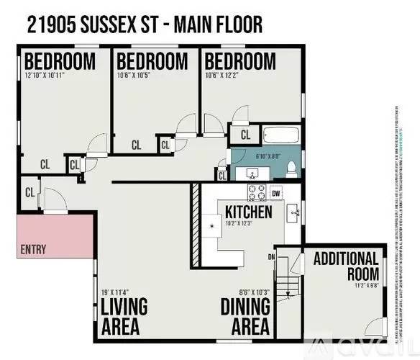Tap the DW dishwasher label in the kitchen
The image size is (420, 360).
pyautogui.click(x=276, y=193)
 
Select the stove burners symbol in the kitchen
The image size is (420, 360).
pyautogui.click(x=257, y=193)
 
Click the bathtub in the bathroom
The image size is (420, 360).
pyautogui.click(x=280, y=135)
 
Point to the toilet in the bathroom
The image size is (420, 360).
pyautogui.click(x=291, y=168)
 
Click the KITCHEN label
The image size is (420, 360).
pyautogui.click(x=248, y=212)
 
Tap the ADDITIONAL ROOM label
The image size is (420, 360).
pyautogui.click(x=346, y=265)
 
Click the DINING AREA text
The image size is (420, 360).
pyautogui.click(x=245, y=316)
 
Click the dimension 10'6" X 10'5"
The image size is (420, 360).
pyautogui.click(x=139, y=76)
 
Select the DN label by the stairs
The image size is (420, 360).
pyautogui.click(x=272, y=257)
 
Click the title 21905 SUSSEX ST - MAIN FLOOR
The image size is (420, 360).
pyautogui.click(x=144, y=25)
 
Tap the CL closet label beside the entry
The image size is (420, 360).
pyautogui.click(x=30, y=192)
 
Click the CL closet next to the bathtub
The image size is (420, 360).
pyautogui.click(x=245, y=134)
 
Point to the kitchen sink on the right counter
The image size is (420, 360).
pyautogui.click(x=293, y=212)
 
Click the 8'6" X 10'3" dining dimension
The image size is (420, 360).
pyautogui.click(x=254, y=292)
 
